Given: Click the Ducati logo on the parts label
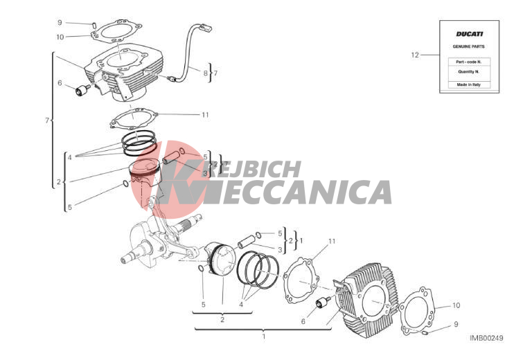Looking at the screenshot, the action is click(x=469, y=34).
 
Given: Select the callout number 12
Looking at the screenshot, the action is click(x=415, y=55).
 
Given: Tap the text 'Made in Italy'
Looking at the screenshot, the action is click(x=469, y=84).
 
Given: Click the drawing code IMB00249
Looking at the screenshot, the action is click(x=486, y=338).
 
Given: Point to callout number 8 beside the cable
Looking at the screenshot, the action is click(x=206, y=73).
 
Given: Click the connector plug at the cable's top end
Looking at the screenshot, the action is click(x=205, y=27).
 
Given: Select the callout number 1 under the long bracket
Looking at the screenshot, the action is click(x=263, y=336).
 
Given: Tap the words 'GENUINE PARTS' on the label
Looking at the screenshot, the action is click(x=469, y=46).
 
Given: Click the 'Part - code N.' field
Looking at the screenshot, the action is click(x=469, y=62).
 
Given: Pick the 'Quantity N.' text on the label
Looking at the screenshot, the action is click(x=469, y=72).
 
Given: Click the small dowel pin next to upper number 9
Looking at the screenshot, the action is click(x=94, y=25).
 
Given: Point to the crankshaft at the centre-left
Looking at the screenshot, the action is click(x=157, y=242).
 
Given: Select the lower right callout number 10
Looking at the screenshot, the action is click(x=456, y=305).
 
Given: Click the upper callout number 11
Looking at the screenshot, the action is click(x=205, y=115).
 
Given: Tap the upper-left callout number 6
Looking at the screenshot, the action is click(x=60, y=83).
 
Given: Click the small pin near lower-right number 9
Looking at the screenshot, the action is click(x=425, y=332).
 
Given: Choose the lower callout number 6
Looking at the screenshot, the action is click(x=303, y=321).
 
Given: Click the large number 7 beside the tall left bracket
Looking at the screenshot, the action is click(x=47, y=120).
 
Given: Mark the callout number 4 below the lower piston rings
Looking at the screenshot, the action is click(x=241, y=304).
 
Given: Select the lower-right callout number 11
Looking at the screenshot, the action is click(x=332, y=241).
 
